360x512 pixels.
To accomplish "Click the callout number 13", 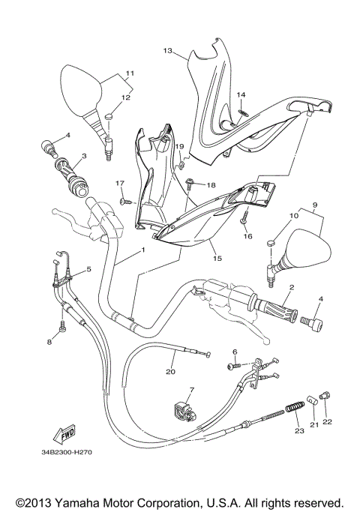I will [x=167, y=51].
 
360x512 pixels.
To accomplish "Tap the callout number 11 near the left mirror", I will [x=130, y=73].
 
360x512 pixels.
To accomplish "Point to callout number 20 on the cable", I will [x=170, y=371].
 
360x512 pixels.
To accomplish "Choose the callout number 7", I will [x=191, y=391].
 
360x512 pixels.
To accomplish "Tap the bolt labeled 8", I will [x=61, y=327].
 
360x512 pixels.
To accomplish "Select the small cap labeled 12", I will [x=110, y=115].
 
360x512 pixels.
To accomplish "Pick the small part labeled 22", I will [x=325, y=394].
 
